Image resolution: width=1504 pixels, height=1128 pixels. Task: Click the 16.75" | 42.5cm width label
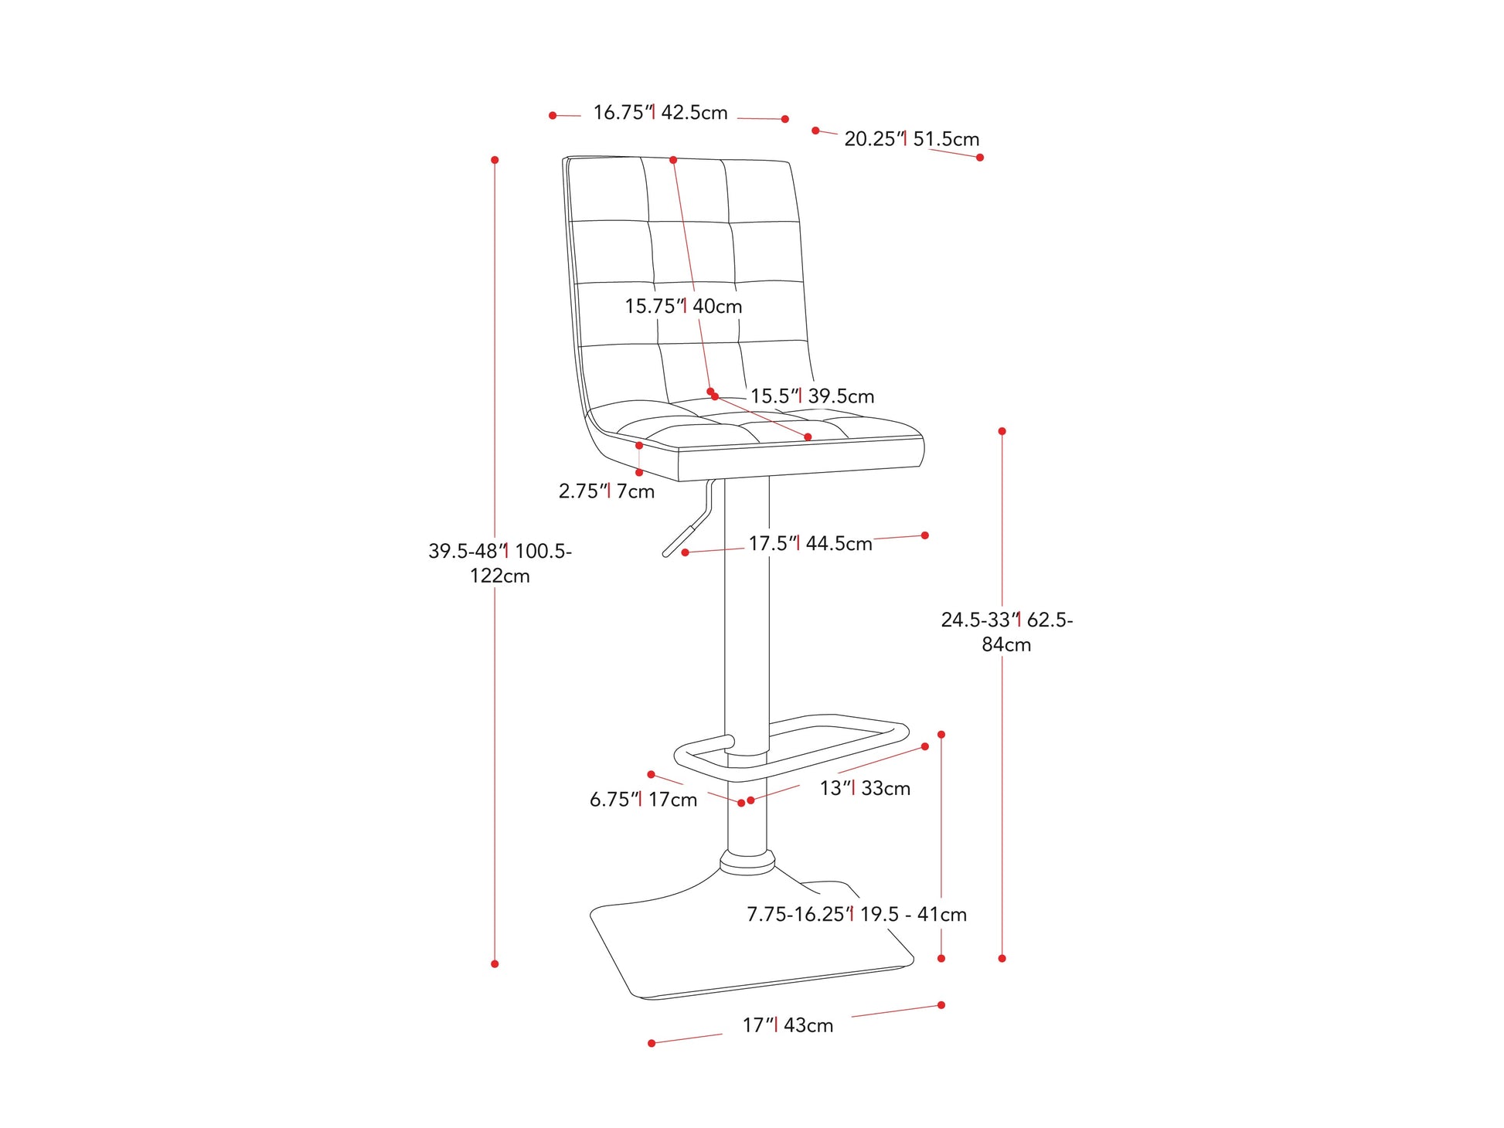[660, 113]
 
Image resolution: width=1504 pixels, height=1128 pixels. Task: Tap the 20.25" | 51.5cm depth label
[911, 139]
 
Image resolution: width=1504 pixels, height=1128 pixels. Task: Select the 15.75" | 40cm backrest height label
[683, 306]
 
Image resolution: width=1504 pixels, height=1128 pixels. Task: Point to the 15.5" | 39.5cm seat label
[812, 396]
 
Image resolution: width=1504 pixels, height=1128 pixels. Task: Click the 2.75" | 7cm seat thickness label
[607, 491]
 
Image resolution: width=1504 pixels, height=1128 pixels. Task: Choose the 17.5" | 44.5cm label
[810, 544]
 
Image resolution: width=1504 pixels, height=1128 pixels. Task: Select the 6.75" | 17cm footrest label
[643, 800]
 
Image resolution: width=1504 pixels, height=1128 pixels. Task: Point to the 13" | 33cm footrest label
[865, 789]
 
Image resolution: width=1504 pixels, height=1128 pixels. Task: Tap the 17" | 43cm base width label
[788, 1026]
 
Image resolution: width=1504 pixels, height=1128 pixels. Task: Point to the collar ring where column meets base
[747, 862]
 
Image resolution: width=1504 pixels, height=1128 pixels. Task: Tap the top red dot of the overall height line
[495, 160]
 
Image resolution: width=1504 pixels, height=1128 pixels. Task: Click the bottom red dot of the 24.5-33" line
[1002, 959]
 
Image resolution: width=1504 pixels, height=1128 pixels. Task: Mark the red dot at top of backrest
[673, 160]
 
